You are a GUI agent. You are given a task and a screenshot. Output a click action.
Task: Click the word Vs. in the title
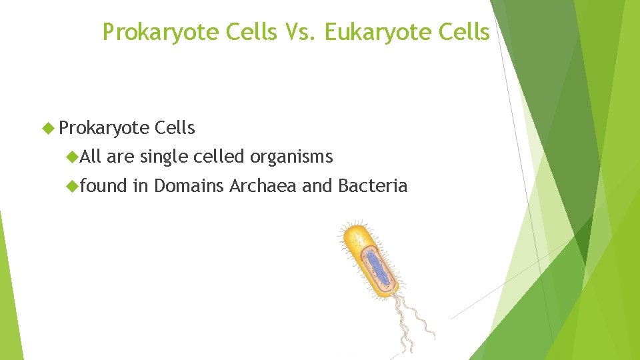tap(300, 32)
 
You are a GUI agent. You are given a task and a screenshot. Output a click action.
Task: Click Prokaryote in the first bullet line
tap(104, 127)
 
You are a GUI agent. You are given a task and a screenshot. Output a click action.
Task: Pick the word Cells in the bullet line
tap(174, 127)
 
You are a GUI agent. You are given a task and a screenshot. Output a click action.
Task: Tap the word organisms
tap(291, 157)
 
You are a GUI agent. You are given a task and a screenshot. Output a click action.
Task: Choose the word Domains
tap(189, 185)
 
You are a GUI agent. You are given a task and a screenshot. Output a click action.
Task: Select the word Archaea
tap(263, 185)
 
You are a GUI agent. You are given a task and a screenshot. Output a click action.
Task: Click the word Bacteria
tap(373, 185)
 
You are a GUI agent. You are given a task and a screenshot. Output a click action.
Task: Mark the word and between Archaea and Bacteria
tap(317, 185)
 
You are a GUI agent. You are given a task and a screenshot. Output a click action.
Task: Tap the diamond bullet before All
tap(72, 157)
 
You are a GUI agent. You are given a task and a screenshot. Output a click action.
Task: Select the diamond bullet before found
tap(72, 186)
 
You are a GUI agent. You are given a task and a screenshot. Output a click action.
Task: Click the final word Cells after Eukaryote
tap(467, 32)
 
